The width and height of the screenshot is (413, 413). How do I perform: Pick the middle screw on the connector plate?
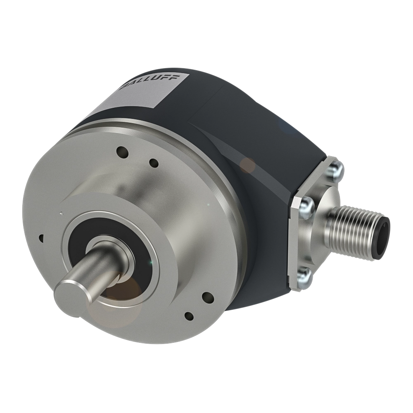click(306, 204)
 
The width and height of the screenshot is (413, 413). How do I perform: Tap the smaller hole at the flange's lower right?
click(189, 316)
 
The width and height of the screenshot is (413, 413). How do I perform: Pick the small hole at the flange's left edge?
click(41, 238)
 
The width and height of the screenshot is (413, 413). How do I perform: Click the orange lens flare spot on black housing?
click(248, 165)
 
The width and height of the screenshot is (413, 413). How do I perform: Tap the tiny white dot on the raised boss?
click(61, 213)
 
